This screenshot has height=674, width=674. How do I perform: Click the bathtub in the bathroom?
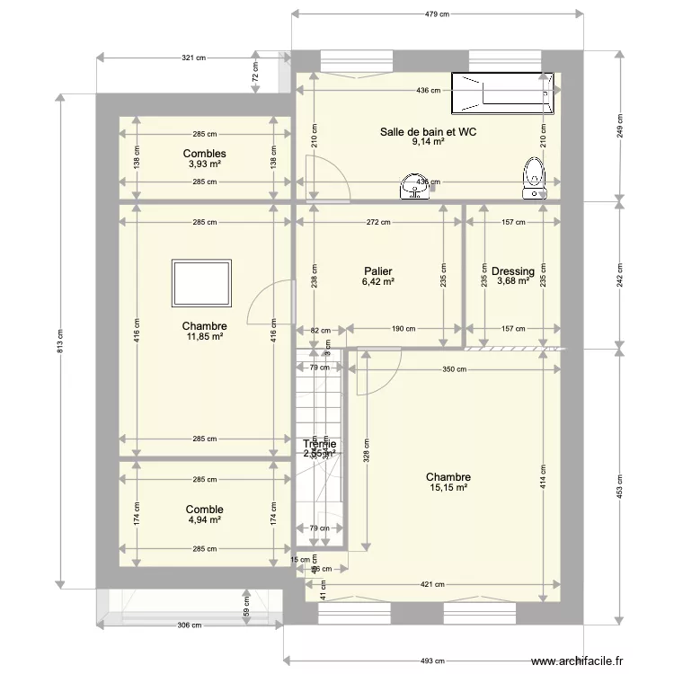(503, 94)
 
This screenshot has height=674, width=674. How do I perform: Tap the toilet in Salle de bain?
(534, 177)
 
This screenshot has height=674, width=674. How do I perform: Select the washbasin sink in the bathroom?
(416, 186)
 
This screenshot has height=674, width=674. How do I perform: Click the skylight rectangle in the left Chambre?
(202, 282)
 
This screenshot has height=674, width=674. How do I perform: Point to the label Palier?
(378, 270)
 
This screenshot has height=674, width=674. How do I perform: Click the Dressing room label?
(513, 271)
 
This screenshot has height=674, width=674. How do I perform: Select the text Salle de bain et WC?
(428, 131)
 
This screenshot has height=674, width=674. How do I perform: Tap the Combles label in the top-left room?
(204, 154)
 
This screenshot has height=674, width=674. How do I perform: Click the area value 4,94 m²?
(204, 519)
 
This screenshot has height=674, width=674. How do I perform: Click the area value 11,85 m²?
(204, 337)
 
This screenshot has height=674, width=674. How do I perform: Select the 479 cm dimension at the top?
(437, 14)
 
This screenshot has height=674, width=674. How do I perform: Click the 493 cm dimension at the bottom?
(432, 661)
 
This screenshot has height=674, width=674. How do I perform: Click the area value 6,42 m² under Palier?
(378, 281)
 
